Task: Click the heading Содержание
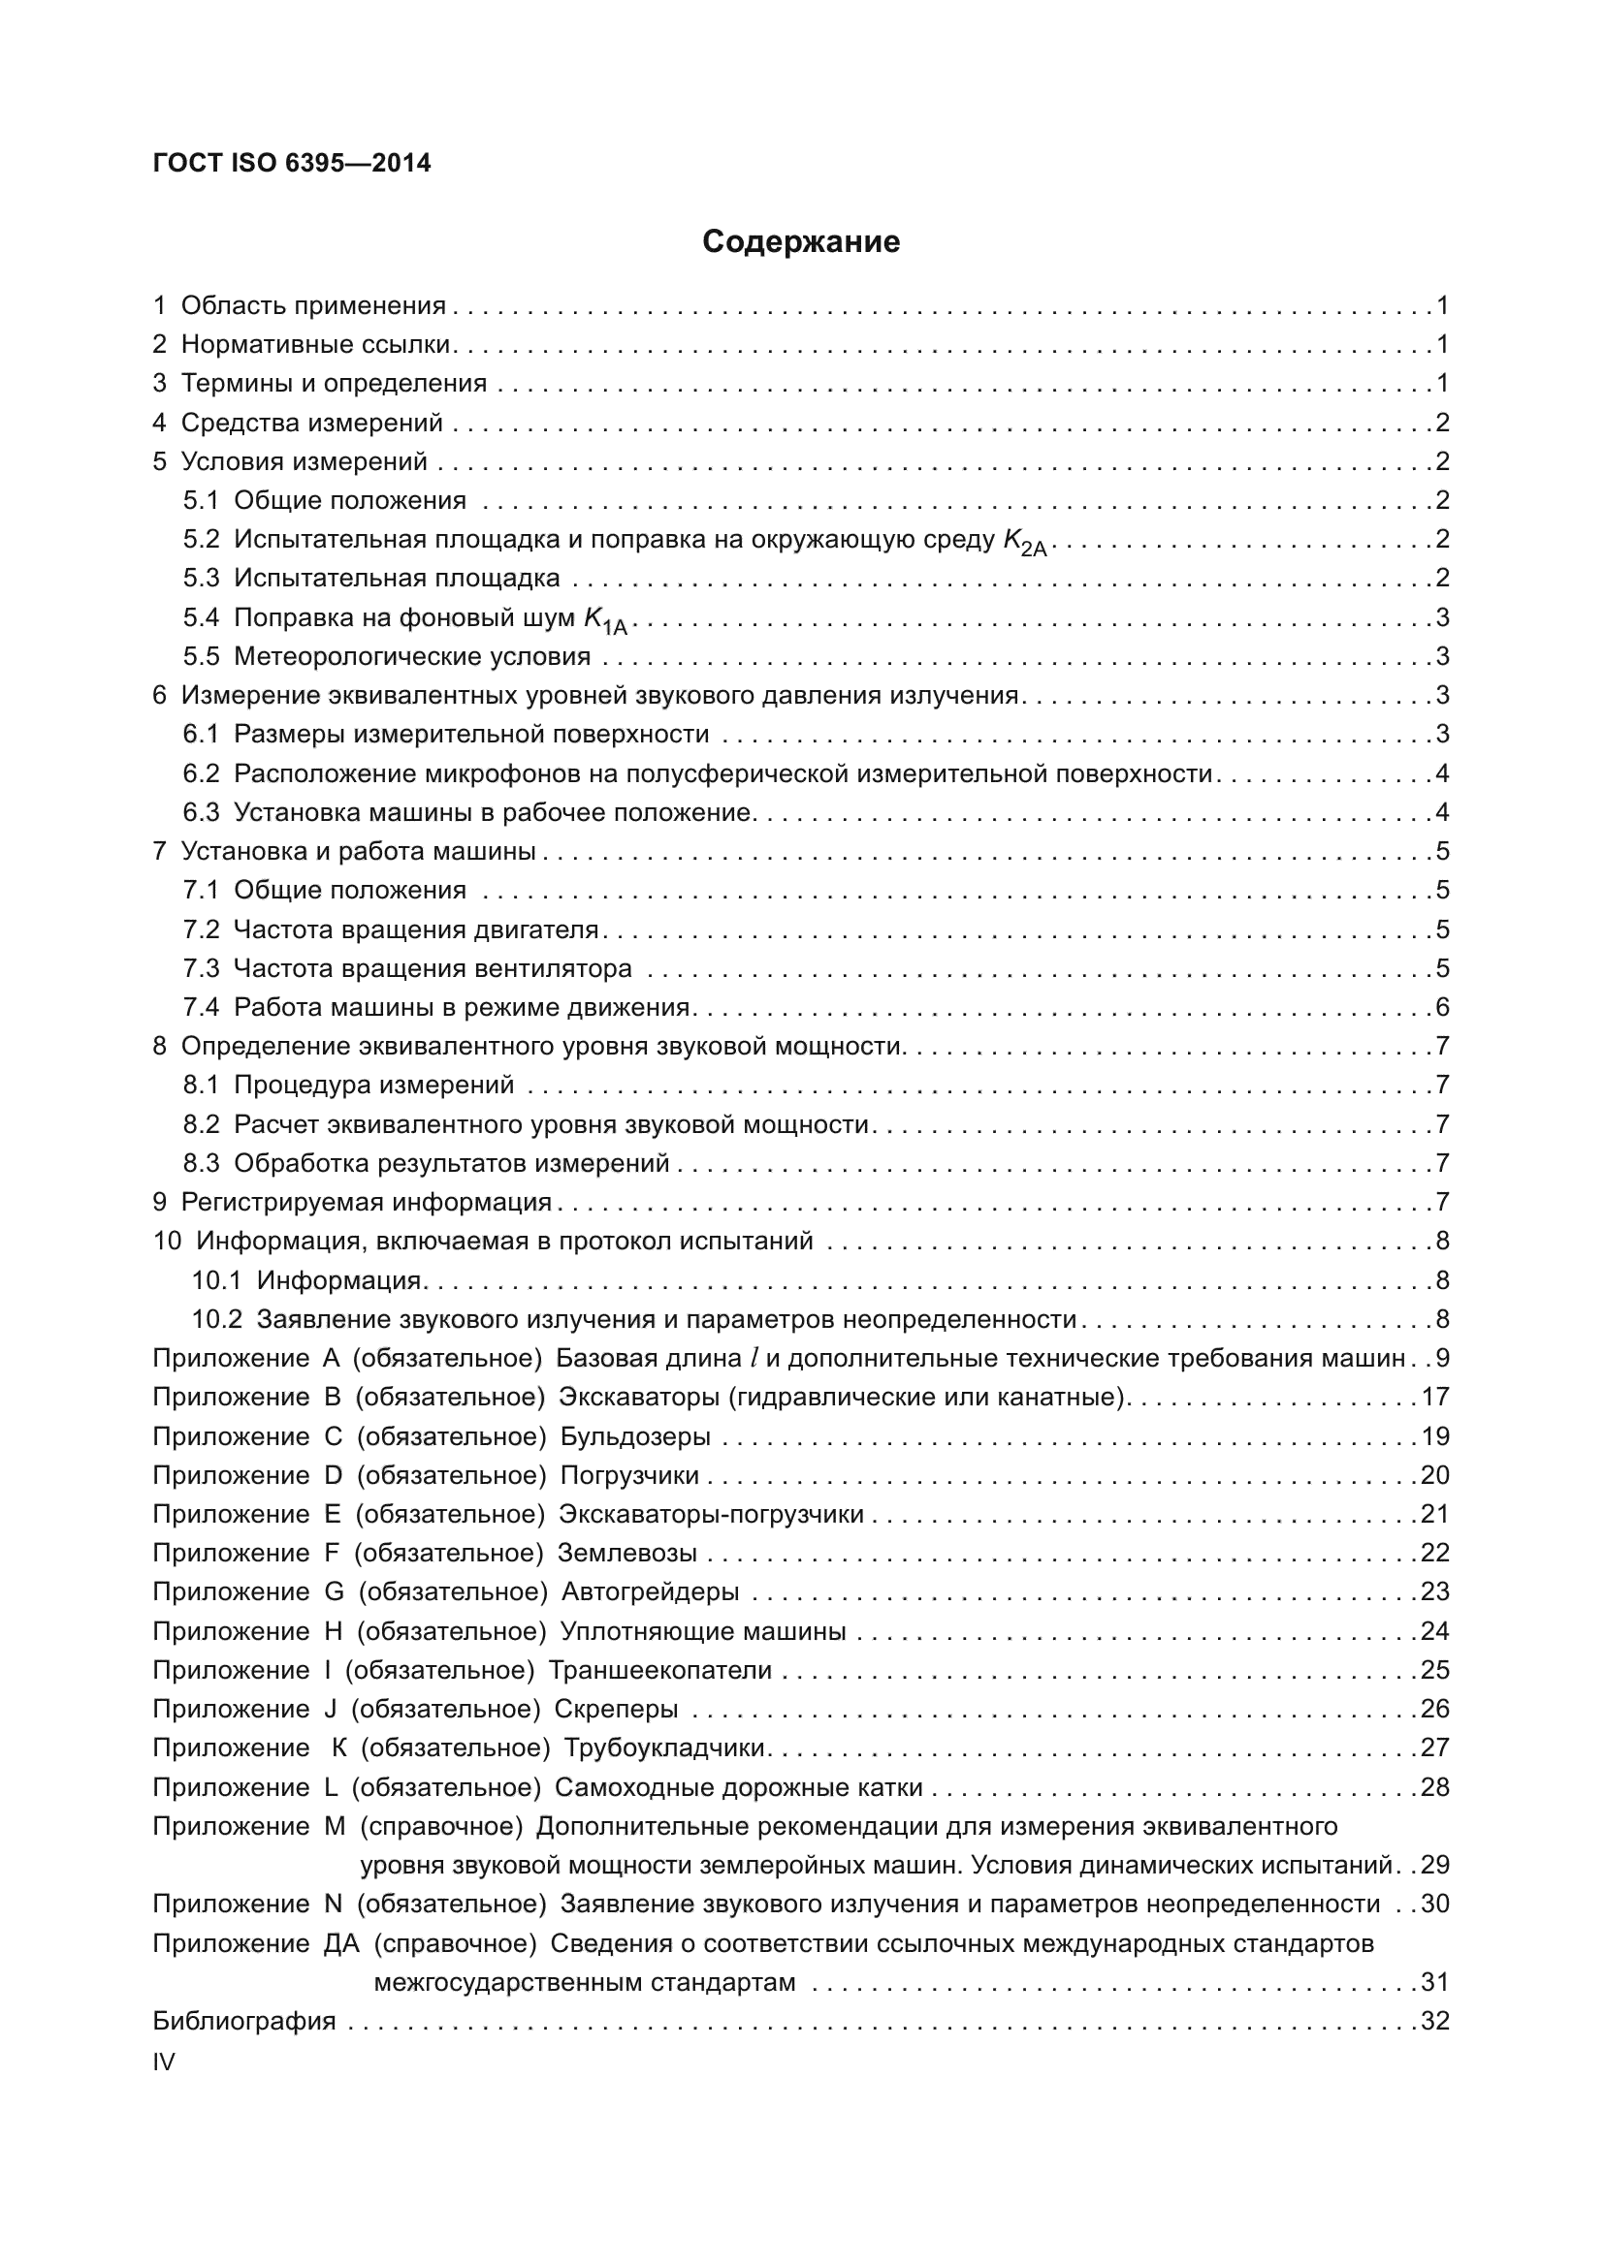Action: tap(801, 242)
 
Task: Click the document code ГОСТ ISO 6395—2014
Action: tap(292, 163)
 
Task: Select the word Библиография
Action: tap(244, 2021)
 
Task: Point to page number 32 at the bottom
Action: tap(1434, 2021)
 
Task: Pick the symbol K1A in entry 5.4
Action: tap(604, 620)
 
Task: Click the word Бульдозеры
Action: tap(635, 1436)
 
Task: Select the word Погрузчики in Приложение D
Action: tap(629, 1475)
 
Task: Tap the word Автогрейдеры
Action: tap(650, 1591)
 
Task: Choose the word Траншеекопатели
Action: tap(659, 1670)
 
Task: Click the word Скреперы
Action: tap(616, 1708)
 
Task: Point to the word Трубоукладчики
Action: tap(663, 1747)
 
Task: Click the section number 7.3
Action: tap(201, 968)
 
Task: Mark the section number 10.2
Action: tap(216, 1319)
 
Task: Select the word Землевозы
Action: tap(627, 1553)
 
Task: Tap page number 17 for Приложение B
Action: tap(1434, 1398)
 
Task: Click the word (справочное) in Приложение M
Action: tap(440, 1827)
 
